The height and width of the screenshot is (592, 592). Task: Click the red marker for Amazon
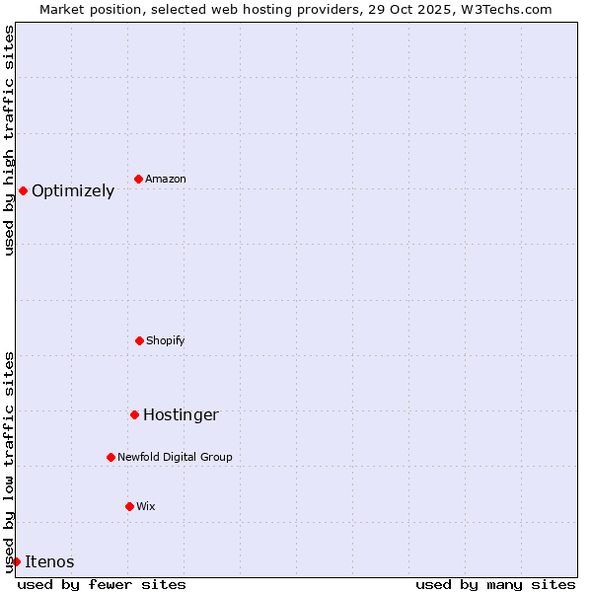(138, 179)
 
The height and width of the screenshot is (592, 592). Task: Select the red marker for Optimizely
(23, 190)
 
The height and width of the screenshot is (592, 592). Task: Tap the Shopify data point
(139, 340)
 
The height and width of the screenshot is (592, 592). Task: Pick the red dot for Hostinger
(134, 414)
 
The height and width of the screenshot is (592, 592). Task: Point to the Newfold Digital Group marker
(111, 457)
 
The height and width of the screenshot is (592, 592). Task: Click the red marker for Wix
(129, 506)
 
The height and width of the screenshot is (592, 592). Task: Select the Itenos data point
(16, 561)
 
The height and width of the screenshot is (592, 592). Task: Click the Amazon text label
(166, 179)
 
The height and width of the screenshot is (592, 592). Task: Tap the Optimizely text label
(73, 191)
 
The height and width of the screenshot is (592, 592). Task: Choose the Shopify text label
(166, 340)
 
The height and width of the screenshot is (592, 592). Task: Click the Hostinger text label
(181, 415)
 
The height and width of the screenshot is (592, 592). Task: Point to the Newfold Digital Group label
(175, 457)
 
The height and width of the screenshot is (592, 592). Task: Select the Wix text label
(146, 506)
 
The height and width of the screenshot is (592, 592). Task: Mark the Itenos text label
(49, 562)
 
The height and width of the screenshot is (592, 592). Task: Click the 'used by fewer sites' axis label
(102, 584)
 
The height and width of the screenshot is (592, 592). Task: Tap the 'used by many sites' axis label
(495, 584)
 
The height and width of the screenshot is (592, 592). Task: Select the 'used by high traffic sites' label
(9, 140)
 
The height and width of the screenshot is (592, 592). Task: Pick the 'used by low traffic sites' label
(9, 461)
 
